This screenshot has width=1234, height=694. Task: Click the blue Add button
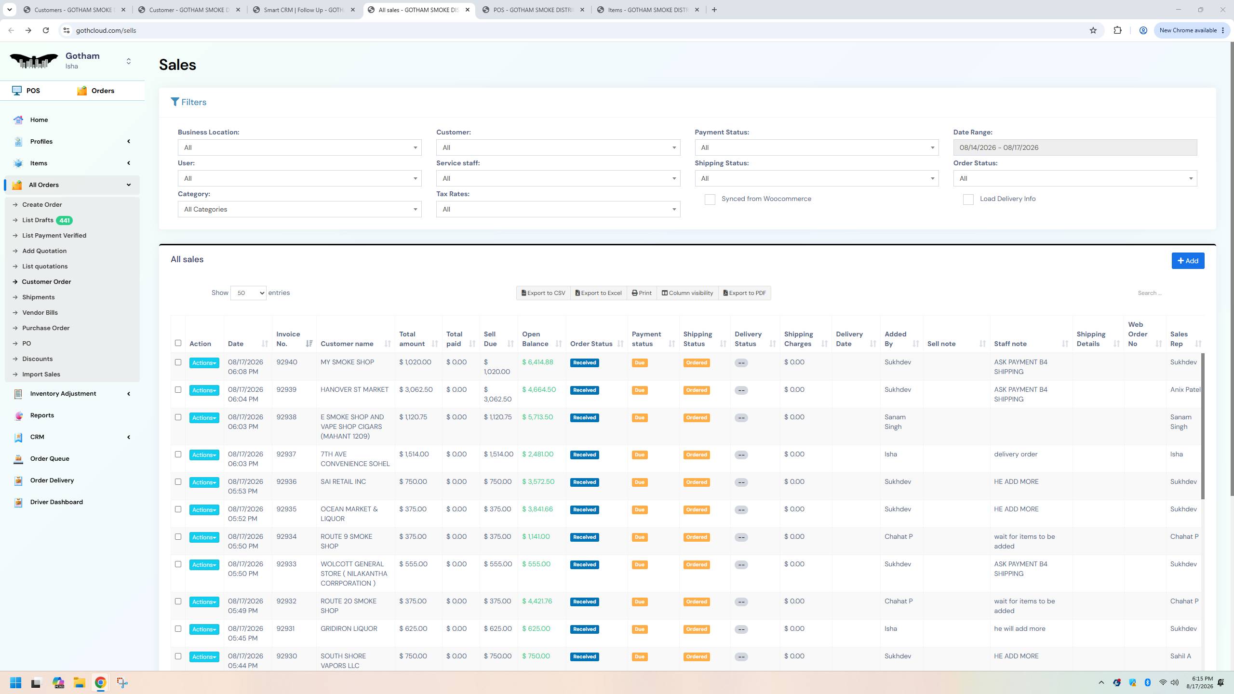pos(1188,261)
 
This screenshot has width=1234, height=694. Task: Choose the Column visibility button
pos(687,293)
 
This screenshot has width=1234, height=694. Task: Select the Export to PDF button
pos(744,293)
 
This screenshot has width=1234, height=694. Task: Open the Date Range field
pos(1074,147)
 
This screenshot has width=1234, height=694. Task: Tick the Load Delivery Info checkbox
pos(968,199)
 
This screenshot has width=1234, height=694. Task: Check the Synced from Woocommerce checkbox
pos(710,199)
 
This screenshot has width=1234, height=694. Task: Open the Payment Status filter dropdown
pos(817,147)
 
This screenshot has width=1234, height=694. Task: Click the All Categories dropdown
pos(299,209)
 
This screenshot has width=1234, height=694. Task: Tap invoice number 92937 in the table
pos(286,454)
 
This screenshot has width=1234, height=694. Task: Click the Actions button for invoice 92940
pos(204,363)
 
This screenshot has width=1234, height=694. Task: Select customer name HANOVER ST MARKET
pos(354,389)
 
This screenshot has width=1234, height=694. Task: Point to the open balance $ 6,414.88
pos(537,362)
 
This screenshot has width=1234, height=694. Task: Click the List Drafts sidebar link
pos(38,220)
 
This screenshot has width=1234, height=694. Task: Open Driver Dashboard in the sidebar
pos(56,502)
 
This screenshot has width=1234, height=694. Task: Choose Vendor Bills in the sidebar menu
pos(40,313)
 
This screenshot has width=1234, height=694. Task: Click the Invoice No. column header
pos(288,339)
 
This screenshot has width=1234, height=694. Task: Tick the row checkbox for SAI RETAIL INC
pos(178,481)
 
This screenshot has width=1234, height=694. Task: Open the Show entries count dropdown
pos(248,293)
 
